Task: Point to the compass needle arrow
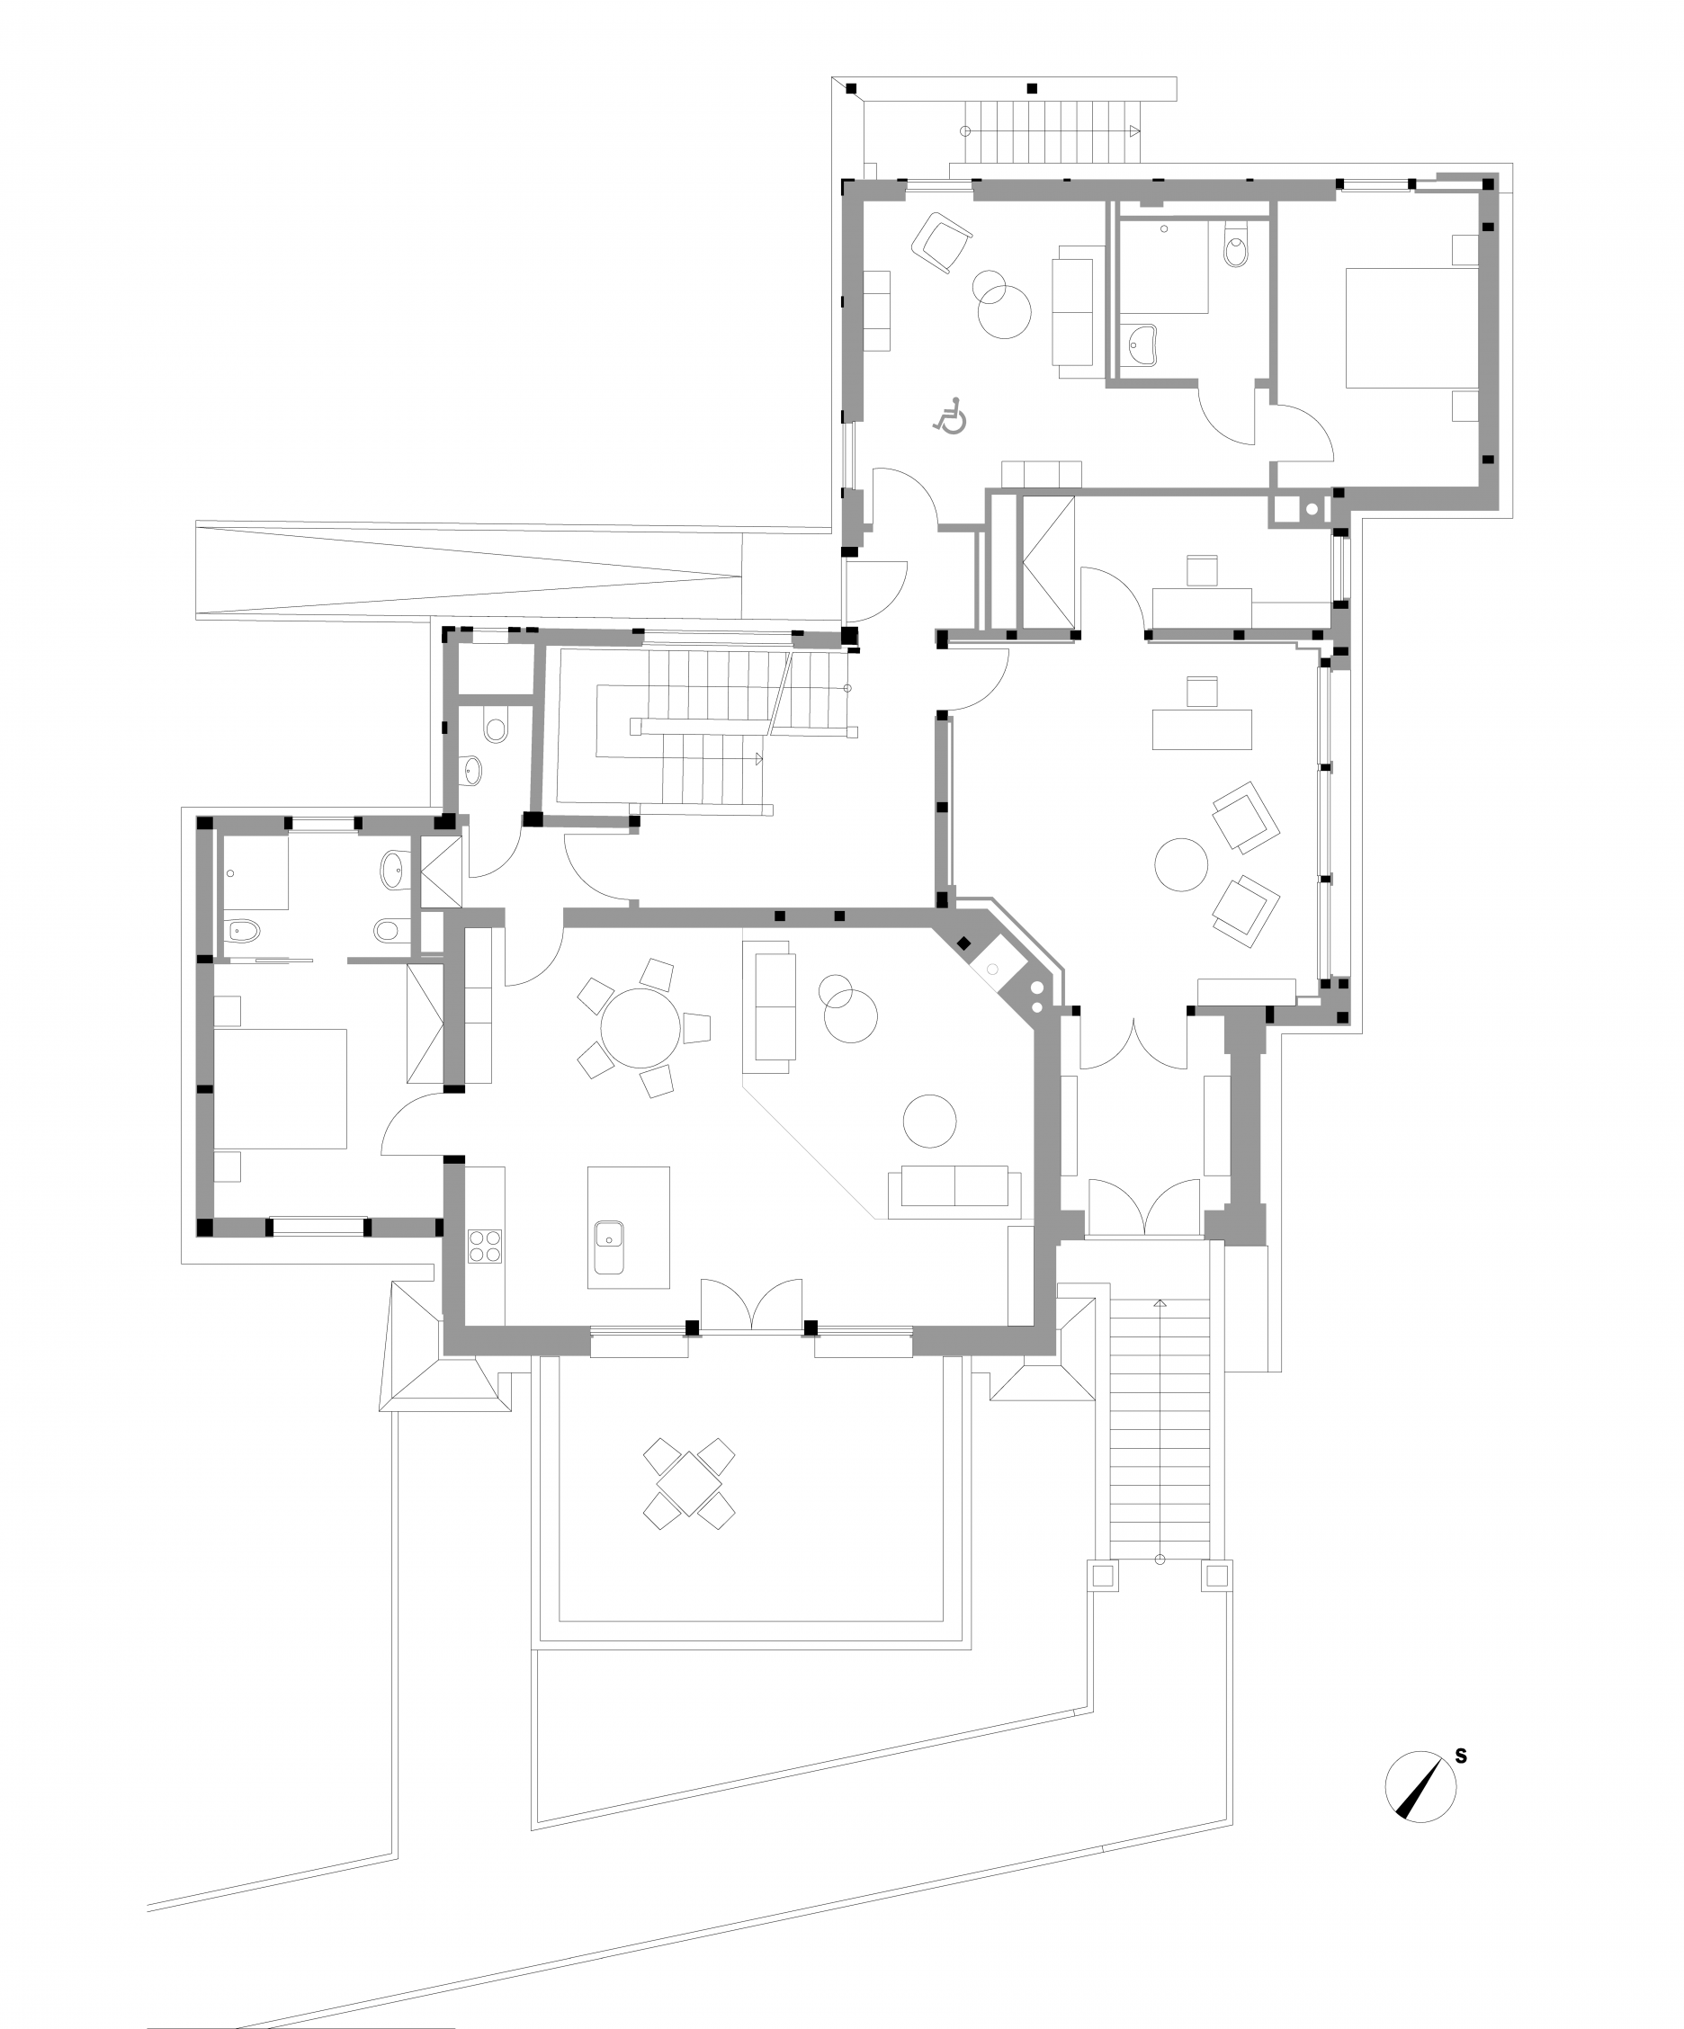(x=1423, y=1786)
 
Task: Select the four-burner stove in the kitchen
(x=484, y=1245)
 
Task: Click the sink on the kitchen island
(x=609, y=1247)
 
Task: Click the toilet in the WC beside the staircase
(x=496, y=728)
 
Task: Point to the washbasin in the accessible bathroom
(x=1145, y=344)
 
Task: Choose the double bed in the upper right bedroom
(x=1411, y=328)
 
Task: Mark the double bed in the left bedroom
(x=279, y=1089)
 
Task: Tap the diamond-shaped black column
(x=963, y=944)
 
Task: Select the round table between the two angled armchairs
(x=1180, y=863)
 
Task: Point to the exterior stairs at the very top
(x=1052, y=131)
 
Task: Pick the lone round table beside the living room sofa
(x=929, y=1121)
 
